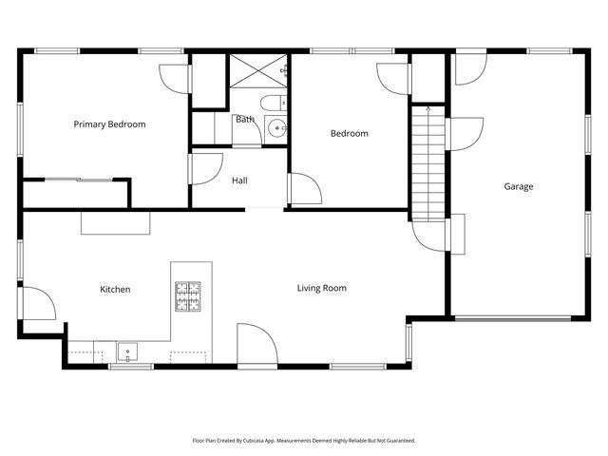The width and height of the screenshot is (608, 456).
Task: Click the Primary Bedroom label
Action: pyautogui.click(x=110, y=124)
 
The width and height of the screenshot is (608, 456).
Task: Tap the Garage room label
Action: pyautogui.click(x=518, y=186)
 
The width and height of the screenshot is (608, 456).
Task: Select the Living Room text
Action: pyautogui.click(x=321, y=288)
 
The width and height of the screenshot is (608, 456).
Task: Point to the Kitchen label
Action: pyautogui.click(x=115, y=289)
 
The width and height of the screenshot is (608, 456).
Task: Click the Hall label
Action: pyautogui.click(x=239, y=180)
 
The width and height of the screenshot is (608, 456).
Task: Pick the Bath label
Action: pyautogui.click(x=244, y=120)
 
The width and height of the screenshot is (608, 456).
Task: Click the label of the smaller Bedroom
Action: pyautogui.click(x=349, y=134)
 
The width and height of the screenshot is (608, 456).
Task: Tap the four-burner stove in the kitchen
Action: pyautogui.click(x=187, y=296)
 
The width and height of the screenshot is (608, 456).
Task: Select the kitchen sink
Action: pyautogui.click(x=128, y=353)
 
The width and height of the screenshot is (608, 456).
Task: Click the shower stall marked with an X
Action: pyautogui.click(x=257, y=71)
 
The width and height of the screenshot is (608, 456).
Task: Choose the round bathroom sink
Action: pyautogui.click(x=276, y=128)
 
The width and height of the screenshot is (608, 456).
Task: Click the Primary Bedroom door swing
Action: pyautogui.click(x=175, y=79)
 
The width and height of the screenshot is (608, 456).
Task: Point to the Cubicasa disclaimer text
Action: pyautogui.click(x=304, y=441)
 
